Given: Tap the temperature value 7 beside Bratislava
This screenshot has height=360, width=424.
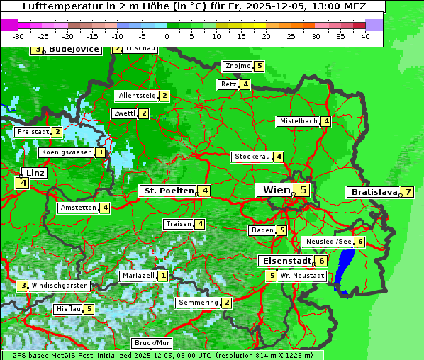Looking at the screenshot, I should coord(408,192).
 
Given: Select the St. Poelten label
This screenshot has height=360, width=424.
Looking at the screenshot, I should coord(167,190).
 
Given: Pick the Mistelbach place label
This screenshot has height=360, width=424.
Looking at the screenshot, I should coord(298,121).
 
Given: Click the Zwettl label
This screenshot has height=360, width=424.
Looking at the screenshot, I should coord(124,113).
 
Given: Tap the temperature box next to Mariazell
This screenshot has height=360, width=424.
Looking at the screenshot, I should coord(163,275).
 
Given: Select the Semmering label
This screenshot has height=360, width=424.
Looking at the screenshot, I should coord(198,303).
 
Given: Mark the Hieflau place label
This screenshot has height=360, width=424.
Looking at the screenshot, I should coord(68,309).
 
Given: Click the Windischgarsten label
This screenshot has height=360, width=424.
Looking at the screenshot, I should coord(60,286).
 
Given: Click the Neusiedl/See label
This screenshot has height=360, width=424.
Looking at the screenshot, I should coord(328,242).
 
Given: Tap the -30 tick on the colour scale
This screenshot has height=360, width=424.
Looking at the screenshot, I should coord(19,36).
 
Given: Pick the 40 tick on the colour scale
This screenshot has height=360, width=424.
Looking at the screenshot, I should coord(365,36).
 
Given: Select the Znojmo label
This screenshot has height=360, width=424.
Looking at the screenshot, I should coord(237,66).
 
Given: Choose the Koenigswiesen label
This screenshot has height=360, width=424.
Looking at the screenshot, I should coord(67,152).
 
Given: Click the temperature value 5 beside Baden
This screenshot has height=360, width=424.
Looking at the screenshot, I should coord(281,230).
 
